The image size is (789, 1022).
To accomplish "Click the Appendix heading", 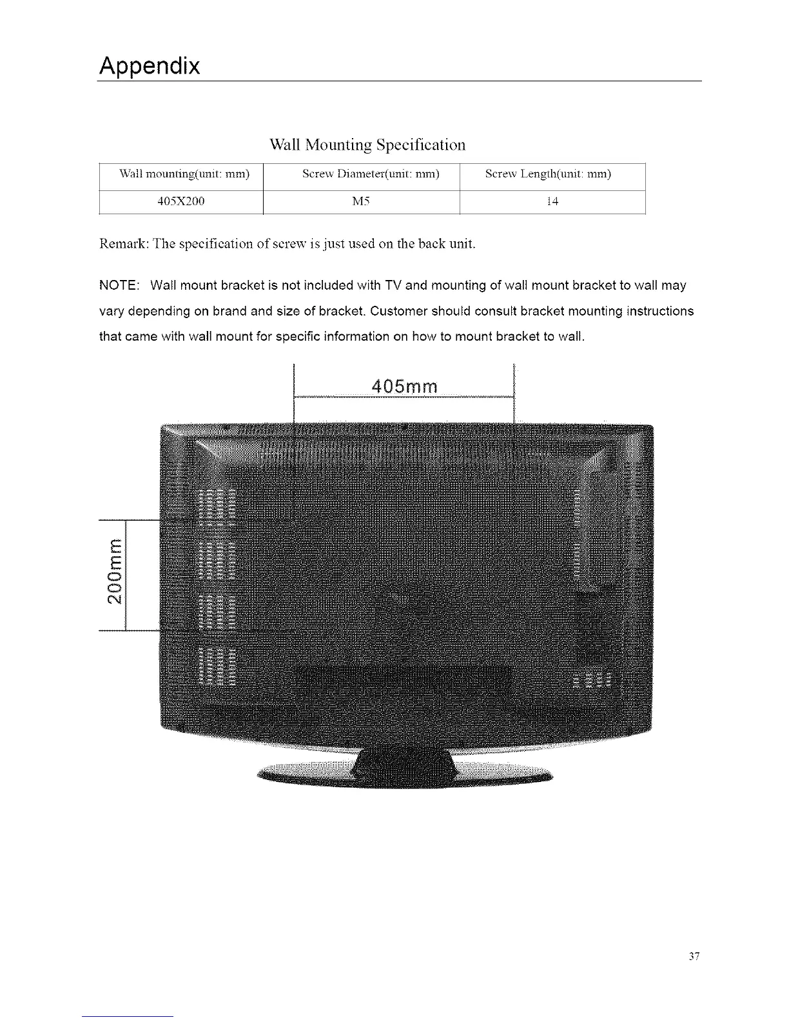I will click(150, 66).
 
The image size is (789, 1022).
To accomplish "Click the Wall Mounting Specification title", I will click(367, 145).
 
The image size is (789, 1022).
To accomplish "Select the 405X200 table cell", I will click(181, 202).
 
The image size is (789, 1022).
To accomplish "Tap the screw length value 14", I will click(552, 202).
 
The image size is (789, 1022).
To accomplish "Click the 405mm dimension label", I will click(405, 386).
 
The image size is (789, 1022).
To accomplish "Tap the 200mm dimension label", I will click(114, 574).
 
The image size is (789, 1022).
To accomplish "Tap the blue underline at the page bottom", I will click(128, 1016).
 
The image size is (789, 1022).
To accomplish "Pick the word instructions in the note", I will click(662, 312).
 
